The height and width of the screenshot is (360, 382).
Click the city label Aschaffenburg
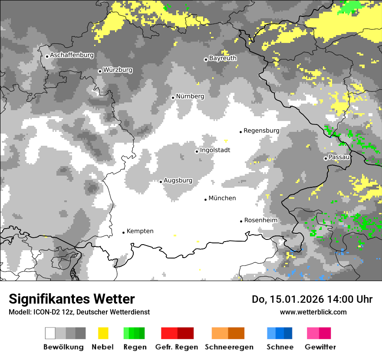(x=72, y=56)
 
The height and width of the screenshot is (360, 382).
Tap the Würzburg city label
(x=118, y=70)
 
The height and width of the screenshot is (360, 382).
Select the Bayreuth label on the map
(x=223, y=58)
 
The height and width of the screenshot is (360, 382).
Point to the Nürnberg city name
(x=190, y=96)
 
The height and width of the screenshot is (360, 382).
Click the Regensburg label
(x=261, y=131)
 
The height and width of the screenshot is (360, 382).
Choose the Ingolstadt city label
(x=215, y=151)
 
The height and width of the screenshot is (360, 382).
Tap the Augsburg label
(x=178, y=181)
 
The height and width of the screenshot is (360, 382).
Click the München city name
(x=222, y=198)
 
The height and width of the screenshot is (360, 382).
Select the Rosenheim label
(x=261, y=220)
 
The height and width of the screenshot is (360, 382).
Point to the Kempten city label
(x=140, y=231)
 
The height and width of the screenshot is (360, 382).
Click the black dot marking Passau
(x=326, y=158)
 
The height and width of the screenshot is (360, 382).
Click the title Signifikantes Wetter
(x=72, y=299)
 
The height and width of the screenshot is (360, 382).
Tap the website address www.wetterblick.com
(x=313, y=312)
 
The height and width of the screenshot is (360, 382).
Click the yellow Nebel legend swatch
(x=103, y=333)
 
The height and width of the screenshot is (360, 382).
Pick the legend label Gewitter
(x=320, y=347)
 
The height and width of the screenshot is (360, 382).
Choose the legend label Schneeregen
(x=229, y=347)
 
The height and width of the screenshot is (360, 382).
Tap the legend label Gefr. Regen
(x=177, y=347)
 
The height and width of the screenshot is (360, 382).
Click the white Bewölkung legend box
(x=50, y=333)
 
